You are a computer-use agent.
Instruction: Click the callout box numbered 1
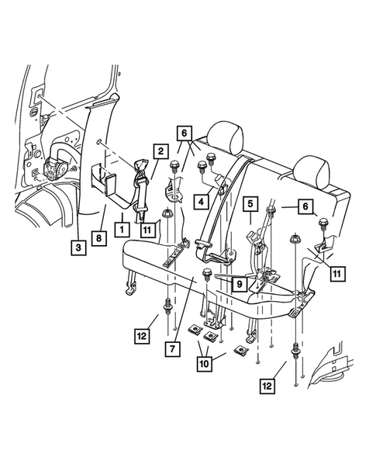(122, 229)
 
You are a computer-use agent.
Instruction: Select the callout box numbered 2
(160, 151)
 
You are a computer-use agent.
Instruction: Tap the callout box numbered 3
(78, 248)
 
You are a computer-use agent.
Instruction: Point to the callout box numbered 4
(202, 202)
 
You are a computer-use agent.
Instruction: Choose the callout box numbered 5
(250, 203)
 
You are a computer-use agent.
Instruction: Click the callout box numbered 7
(173, 348)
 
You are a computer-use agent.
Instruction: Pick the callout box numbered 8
(98, 238)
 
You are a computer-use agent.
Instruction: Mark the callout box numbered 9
(240, 283)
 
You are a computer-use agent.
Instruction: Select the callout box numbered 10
(205, 364)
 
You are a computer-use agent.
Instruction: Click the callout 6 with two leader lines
(184, 133)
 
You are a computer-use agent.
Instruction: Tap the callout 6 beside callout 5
(305, 206)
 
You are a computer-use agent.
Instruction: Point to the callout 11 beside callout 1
(147, 230)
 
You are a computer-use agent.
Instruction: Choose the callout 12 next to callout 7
(142, 336)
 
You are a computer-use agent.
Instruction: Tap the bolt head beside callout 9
(206, 273)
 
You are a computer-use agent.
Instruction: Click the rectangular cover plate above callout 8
(110, 185)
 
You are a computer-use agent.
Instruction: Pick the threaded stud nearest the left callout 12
(169, 306)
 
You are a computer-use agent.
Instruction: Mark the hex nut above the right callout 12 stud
(295, 239)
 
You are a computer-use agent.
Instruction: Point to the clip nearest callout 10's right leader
(241, 350)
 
